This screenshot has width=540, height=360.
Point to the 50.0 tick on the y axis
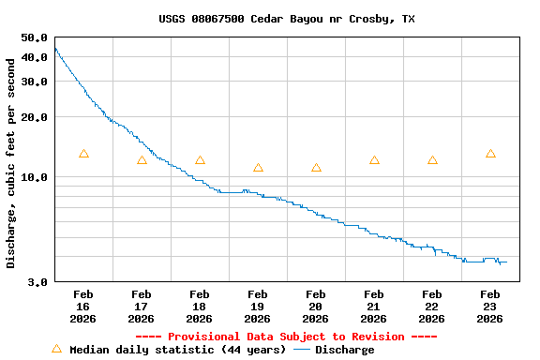click(x=34, y=37)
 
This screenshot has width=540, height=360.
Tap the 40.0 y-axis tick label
click(x=34, y=57)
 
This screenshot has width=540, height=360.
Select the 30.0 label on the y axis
click(x=34, y=82)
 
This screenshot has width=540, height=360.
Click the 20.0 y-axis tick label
click(x=34, y=117)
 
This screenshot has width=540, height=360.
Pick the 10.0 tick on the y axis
click(x=34, y=177)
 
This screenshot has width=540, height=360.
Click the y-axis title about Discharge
click(x=11, y=163)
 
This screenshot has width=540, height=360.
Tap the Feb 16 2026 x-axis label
click(x=82, y=307)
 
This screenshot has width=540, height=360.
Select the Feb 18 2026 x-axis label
click(x=199, y=307)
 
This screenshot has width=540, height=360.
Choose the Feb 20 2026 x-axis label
click(x=315, y=307)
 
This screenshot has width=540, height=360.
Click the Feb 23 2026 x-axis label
click(x=489, y=307)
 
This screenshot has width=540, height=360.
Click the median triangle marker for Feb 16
click(x=83, y=154)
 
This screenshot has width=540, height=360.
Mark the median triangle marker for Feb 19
click(x=258, y=168)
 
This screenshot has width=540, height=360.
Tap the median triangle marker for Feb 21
click(x=374, y=160)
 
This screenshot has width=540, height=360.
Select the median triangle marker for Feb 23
click(x=490, y=154)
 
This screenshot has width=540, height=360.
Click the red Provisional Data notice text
click(x=286, y=337)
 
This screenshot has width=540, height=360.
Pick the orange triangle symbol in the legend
click(x=56, y=349)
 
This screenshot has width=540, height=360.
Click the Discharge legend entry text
click(x=344, y=350)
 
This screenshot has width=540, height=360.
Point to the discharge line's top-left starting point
click(x=55, y=48)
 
